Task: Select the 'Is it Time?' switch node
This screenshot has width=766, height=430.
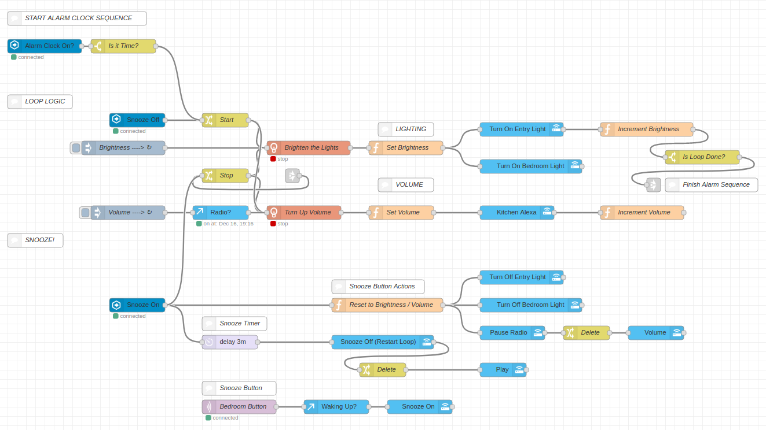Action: tap(123, 46)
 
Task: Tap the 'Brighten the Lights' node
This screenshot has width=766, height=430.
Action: tap(309, 148)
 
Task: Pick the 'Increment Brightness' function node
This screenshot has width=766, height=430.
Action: tap(647, 129)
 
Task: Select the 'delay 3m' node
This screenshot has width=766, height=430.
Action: tap(230, 342)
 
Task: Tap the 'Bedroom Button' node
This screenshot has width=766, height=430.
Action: tap(239, 407)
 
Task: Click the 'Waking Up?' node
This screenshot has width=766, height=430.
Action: tap(336, 407)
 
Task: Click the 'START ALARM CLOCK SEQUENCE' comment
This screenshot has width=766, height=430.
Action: tap(77, 18)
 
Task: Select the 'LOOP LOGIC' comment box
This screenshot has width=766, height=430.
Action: tap(40, 102)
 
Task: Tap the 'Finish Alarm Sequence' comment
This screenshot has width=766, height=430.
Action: tap(712, 185)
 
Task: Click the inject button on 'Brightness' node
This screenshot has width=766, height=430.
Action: tap(76, 148)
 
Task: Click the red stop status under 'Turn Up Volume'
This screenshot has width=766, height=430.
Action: tap(273, 224)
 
